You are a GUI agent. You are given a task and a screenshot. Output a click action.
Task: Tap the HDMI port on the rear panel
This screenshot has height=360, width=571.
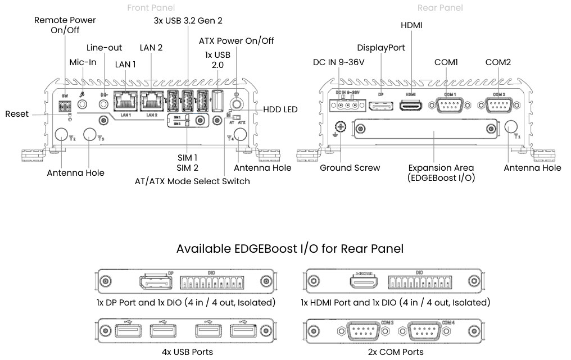click(410, 105)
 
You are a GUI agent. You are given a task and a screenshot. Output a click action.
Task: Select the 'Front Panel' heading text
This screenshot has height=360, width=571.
click(151, 8)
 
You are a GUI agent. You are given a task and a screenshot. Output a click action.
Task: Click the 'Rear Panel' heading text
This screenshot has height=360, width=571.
click(440, 8)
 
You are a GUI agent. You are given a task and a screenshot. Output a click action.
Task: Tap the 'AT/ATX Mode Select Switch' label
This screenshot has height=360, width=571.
click(192, 181)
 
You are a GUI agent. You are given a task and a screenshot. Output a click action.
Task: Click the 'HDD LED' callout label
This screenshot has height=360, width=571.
click(280, 110)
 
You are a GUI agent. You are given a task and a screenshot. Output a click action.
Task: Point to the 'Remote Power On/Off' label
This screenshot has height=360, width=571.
click(65, 25)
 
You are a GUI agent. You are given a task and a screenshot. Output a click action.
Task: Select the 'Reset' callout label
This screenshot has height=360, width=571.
click(17, 114)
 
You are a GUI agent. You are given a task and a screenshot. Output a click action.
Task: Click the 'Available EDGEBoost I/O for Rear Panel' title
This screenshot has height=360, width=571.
click(289, 248)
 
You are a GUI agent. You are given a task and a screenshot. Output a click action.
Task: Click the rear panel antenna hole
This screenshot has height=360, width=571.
click(511, 127)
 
